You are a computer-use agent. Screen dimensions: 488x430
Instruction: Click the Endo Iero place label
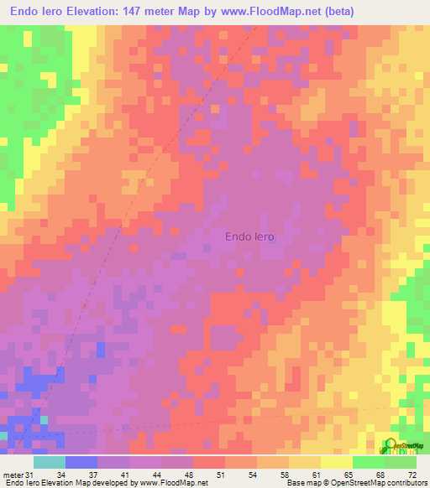pyautogui.click(x=249, y=236)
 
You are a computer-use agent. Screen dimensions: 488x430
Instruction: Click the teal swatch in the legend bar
pyautogui.click(x=50, y=463)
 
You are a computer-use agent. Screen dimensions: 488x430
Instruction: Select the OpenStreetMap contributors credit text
pyautogui.click(x=381, y=483)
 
